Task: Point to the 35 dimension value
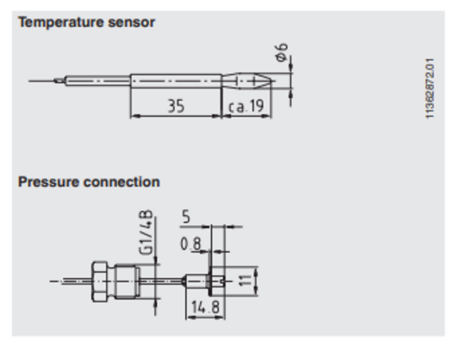(x=176, y=106)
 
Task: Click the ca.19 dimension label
(x=246, y=107)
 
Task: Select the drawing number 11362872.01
(x=430, y=88)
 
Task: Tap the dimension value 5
(x=186, y=217)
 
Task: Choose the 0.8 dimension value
(x=190, y=244)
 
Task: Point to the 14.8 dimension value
(x=205, y=307)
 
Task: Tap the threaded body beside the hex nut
(x=126, y=281)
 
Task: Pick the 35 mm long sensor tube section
(x=176, y=81)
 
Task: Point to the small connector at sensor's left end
(x=58, y=81)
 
